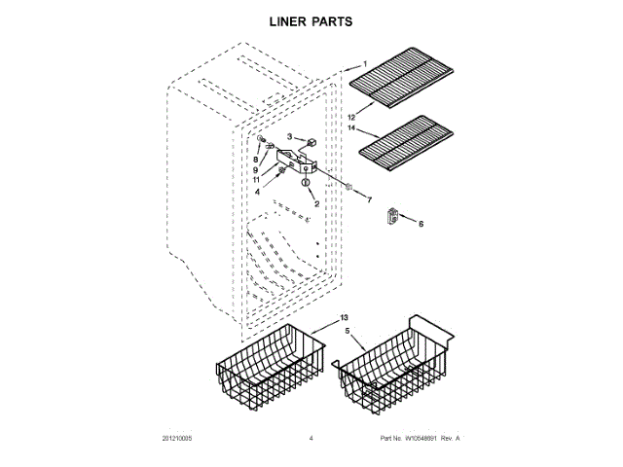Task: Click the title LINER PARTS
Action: coord(311,20)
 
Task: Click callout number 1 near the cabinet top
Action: coord(364,67)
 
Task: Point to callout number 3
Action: coord(289,137)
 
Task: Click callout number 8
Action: coord(257,159)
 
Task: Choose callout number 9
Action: coord(257,169)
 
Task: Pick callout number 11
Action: coord(257,180)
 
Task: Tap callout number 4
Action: coord(258,192)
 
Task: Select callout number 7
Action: coord(369,199)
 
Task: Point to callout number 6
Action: coord(421,224)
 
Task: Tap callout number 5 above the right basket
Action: coord(347,331)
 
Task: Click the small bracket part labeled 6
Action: coord(394,217)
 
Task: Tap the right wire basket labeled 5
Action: coord(395,370)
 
